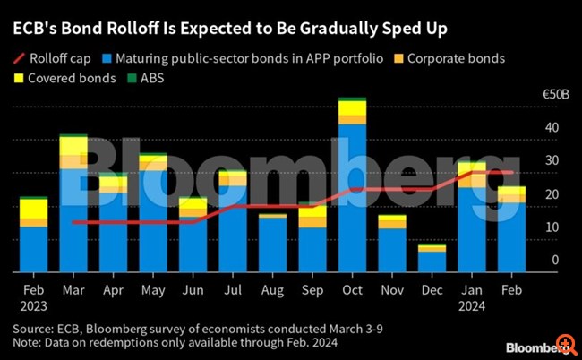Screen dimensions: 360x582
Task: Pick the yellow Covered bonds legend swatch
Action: coord(20,78)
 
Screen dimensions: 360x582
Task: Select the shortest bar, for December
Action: coord(431,258)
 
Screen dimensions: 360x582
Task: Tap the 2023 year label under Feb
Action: coord(33,306)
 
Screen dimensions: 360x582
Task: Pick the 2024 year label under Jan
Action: coord(471,306)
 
